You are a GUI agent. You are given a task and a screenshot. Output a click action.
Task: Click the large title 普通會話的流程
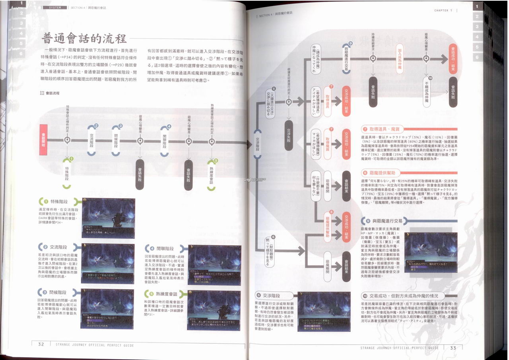tap(84, 39)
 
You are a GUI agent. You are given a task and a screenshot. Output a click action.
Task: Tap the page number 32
tap(41, 344)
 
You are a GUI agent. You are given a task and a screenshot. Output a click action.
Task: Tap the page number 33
tap(453, 348)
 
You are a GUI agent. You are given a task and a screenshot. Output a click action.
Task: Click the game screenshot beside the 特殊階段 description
tap(108, 217)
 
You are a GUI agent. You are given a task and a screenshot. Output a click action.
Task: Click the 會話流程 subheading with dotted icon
tap(50, 93)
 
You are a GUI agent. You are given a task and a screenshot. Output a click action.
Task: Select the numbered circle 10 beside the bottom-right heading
tap(364, 296)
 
